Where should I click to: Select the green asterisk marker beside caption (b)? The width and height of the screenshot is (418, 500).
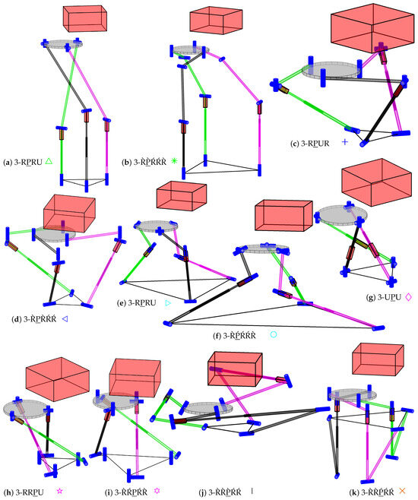[174, 161]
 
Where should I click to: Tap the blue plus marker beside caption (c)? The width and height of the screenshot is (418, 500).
[344, 142]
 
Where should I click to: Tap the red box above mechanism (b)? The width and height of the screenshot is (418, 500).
[211, 21]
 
